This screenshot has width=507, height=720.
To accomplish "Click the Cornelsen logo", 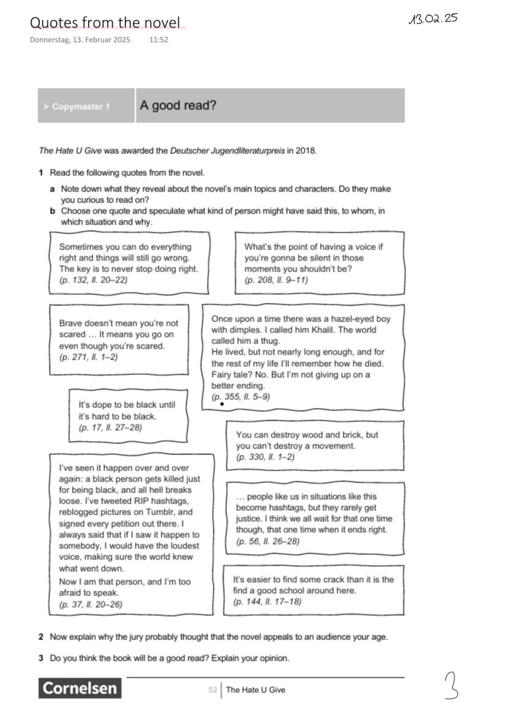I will tap(80, 688).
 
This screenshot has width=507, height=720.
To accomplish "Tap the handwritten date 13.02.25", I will tap(433, 18).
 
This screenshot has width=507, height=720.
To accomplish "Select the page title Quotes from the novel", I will tap(105, 23).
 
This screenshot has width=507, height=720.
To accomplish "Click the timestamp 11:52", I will tap(159, 40).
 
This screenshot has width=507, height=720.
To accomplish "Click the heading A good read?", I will tap(178, 105).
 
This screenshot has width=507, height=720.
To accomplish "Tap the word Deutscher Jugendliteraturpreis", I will tap(227, 151).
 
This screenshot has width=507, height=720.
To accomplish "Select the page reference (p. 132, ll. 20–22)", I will tap(93, 280).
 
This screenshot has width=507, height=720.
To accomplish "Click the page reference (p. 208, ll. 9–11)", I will tap(276, 280).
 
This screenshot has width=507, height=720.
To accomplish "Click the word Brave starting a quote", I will tap(71, 323).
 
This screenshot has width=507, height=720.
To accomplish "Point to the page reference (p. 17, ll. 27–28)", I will tap(110, 427).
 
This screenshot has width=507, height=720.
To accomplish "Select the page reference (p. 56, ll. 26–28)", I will tap(268, 541).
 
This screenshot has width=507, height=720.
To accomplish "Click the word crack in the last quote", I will tap(317, 579).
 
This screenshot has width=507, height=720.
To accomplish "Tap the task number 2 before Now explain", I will tap(41, 637).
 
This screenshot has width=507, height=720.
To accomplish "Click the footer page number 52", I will tap(212, 690).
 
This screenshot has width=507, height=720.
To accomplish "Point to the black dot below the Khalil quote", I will tap(221, 405).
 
